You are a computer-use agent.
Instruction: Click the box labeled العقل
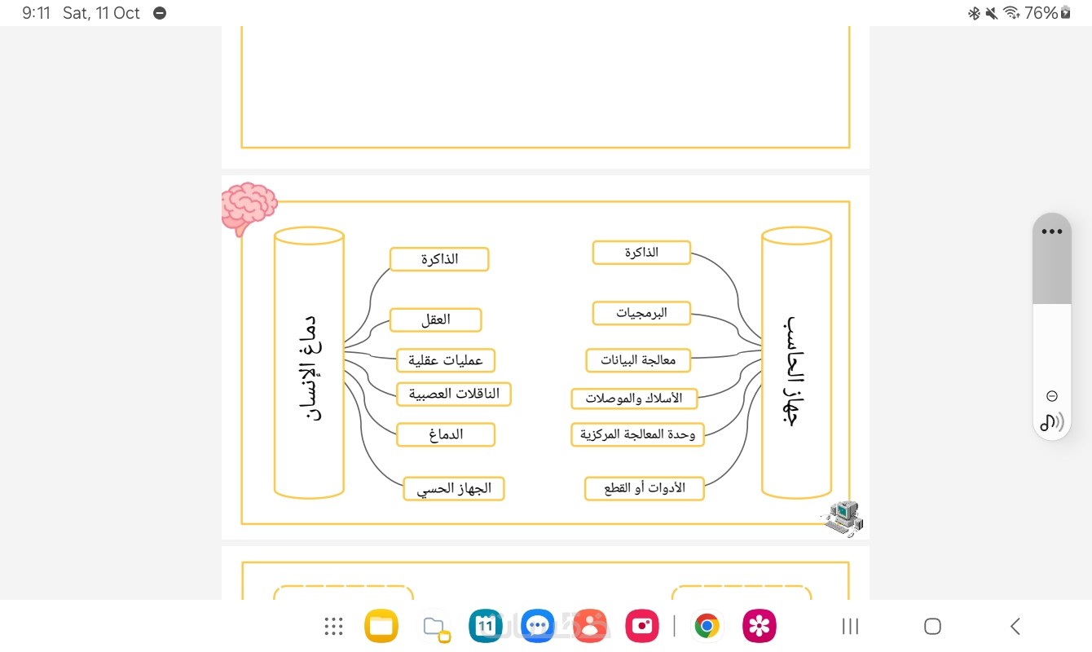coord(436,319)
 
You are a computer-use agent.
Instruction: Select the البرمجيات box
coord(641,313)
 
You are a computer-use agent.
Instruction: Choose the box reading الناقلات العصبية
coord(454,394)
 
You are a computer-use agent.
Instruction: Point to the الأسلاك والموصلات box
coord(634,399)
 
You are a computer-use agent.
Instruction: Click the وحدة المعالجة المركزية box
coord(637,434)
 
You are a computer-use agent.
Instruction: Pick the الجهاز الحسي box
coord(454,489)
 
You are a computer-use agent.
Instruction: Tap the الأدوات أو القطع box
coord(644,488)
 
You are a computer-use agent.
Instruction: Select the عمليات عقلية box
coord(446,359)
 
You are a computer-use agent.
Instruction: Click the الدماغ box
coord(446,434)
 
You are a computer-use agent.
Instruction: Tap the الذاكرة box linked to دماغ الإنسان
coord(439,259)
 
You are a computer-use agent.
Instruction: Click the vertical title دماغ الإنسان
coord(308,368)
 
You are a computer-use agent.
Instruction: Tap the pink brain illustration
coord(249,206)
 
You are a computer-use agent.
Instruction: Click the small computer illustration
coord(843,518)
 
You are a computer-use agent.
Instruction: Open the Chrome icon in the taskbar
coord(707,626)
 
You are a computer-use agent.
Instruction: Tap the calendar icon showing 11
coord(486,626)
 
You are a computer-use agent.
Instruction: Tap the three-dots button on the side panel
coord(1051,231)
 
